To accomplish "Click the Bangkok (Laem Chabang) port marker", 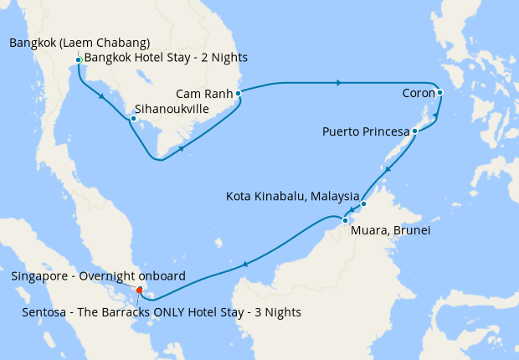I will click(78, 60).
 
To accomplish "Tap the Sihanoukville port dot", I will click(132, 118).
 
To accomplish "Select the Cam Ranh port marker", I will click(239, 94).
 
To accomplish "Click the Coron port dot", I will click(439, 93).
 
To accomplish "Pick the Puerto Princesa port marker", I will click(414, 131).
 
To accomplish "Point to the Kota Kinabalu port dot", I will click(363, 203).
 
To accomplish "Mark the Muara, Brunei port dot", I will click(344, 220).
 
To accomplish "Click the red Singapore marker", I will click(140, 291).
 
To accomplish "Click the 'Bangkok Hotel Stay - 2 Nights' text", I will click(166, 58).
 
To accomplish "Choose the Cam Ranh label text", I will click(204, 94).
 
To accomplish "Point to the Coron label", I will click(418, 93).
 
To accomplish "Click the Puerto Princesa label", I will click(366, 132).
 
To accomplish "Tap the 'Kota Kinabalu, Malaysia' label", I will click(293, 197).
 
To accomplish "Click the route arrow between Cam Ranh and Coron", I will click(338, 83).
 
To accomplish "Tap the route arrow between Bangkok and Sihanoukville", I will click(101, 96).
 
